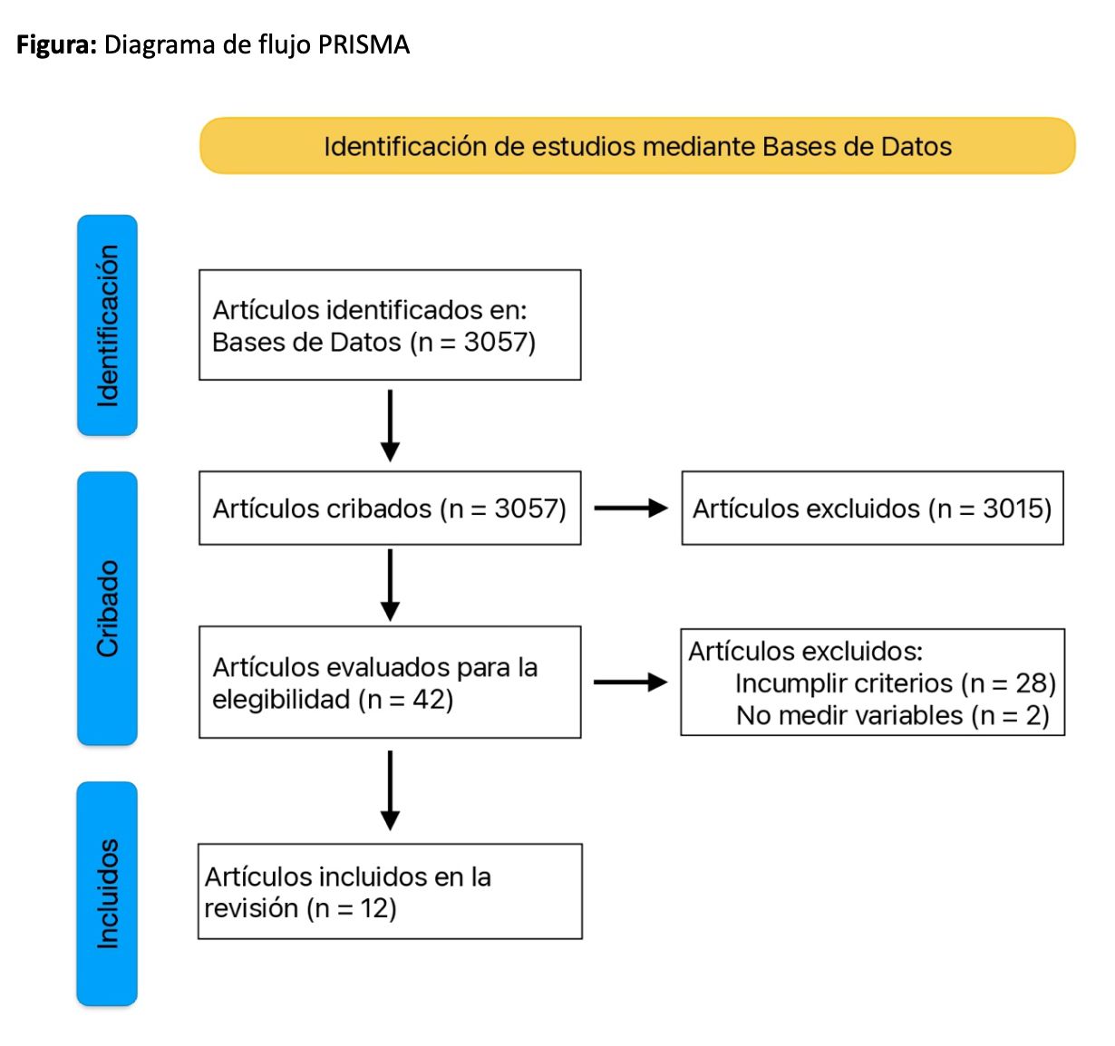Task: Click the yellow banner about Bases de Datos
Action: [x=637, y=145]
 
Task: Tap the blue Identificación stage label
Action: [x=107, y=325]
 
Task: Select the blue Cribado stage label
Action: [x=107, y=608]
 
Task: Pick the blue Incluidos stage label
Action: [x=107, y=894]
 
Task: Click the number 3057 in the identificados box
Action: [x=496, y=342]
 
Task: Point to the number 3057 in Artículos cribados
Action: [x=526, y=508]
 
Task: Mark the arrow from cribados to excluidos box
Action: [x=631, y=508]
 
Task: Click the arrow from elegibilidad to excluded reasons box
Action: [x=631, y=683]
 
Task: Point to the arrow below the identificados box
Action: [x=390, y=426]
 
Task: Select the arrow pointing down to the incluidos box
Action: [x=390, y=790]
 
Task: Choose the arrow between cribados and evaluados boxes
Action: [x=390, y=585]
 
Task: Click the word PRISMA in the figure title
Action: [x=364, y=45]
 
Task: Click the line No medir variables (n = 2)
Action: [x=893, y=716]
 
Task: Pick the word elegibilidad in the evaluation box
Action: [x=281, y=700]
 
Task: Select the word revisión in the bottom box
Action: [x=251, y=908]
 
